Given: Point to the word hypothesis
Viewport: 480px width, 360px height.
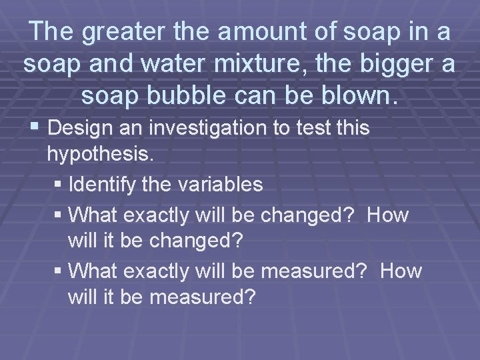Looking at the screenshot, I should coord(100,155).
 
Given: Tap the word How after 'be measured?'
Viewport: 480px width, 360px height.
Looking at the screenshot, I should coord(399,271).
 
